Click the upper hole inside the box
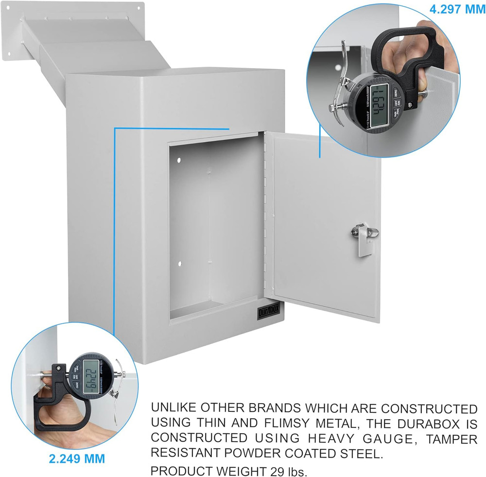179,159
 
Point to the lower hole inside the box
179,264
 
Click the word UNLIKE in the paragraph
175,407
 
